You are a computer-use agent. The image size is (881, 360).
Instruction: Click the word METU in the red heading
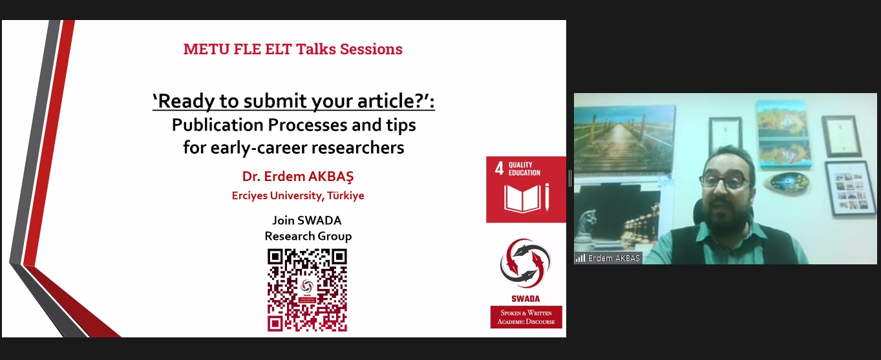(x=206, y=49)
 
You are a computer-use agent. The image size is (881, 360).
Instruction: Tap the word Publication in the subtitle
(x=217, y=125)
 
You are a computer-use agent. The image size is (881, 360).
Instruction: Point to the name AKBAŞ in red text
(x=331, y=176)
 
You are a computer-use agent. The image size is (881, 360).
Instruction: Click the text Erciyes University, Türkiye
(x=298, y=196)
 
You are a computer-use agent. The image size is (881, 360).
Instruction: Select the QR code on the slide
(x=307, y=290)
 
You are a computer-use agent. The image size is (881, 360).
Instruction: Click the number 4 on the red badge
(x=499, y=169)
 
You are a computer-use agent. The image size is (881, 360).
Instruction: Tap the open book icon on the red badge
(x=522, y=198)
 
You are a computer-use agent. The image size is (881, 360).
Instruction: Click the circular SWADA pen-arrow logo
(x=525, y=263)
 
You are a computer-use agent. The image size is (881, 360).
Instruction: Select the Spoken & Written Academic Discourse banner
(x=526, y=317)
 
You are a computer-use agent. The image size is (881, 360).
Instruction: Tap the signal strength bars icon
(x=580, y=258)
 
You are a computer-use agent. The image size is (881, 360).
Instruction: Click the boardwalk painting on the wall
(x=624, y=139)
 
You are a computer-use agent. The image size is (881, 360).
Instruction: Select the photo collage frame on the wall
(x=850, y=188)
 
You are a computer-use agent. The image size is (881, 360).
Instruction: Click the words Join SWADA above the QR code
(x=307, y=220)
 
